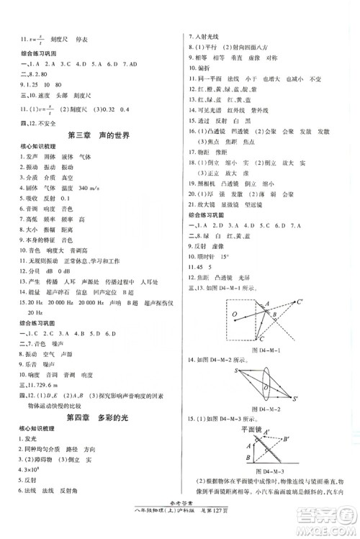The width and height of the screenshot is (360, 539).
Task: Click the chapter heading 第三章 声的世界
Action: point(98,135)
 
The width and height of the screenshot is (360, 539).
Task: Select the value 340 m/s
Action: point(87,188)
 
